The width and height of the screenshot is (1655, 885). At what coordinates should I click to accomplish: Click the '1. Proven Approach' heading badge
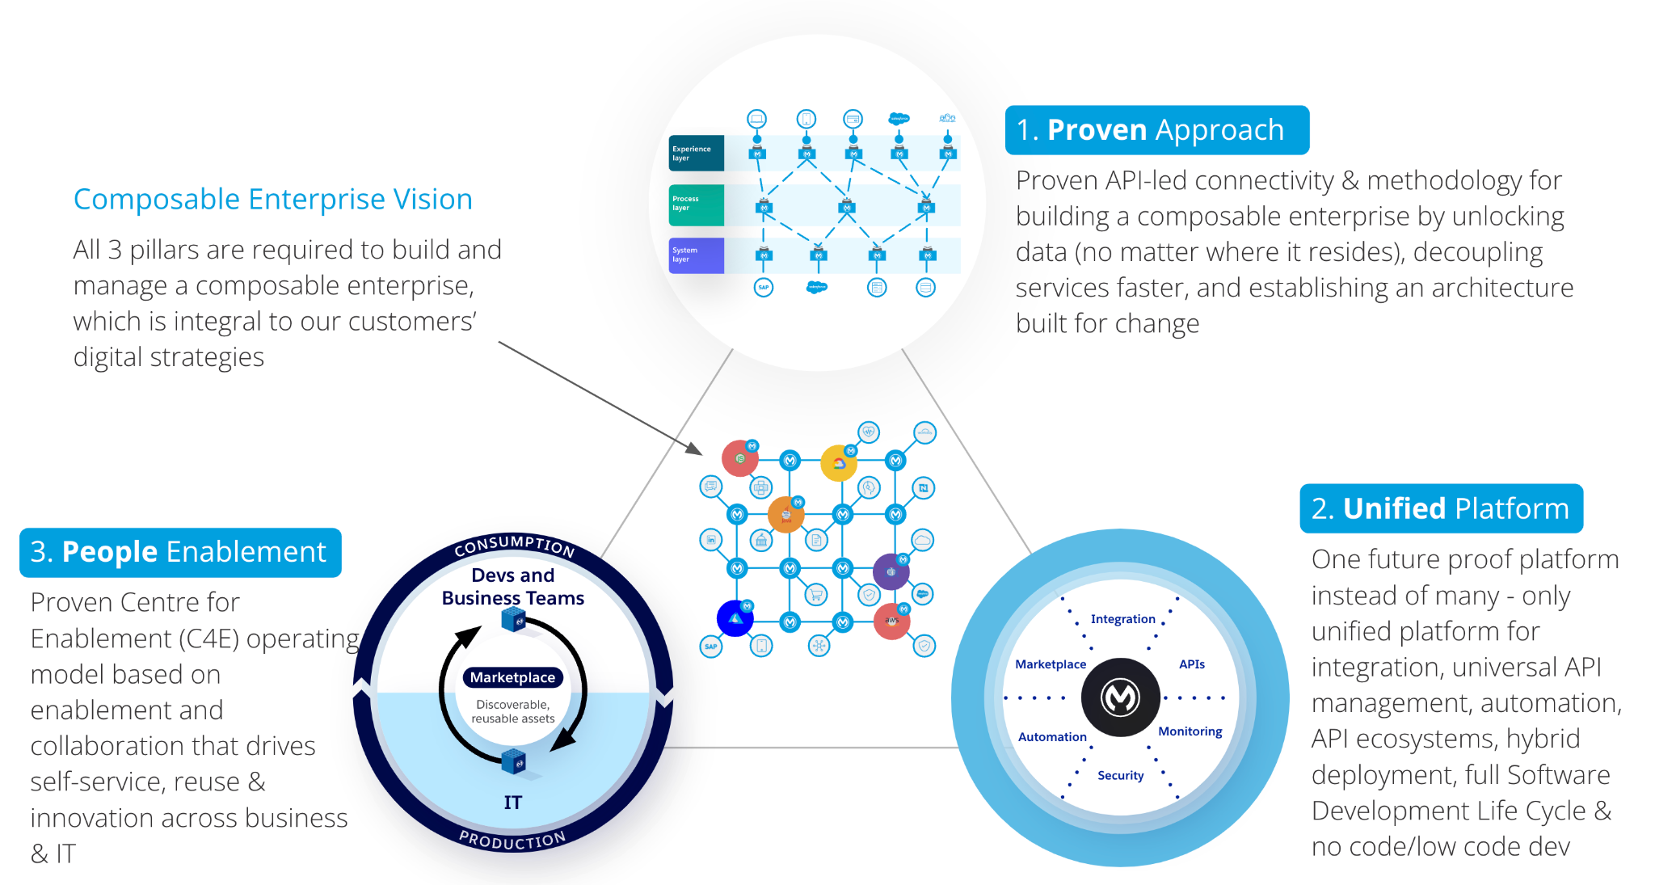coord(1156,130)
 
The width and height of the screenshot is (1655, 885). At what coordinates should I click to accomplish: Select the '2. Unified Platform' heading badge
coord(1440,508)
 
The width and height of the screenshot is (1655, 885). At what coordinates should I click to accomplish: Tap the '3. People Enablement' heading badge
coord(179,552)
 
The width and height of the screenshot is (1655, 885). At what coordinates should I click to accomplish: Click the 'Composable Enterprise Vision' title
coord(272,200)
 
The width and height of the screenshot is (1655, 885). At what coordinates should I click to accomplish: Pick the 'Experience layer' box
coord(696,154)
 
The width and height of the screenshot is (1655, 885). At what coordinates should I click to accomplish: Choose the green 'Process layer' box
coord(696,204)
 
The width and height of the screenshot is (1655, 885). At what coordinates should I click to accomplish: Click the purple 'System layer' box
coord(696,255)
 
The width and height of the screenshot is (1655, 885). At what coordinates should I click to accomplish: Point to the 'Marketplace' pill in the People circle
coord(513,677)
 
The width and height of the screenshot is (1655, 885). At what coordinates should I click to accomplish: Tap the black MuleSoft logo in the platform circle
coord(1121,697)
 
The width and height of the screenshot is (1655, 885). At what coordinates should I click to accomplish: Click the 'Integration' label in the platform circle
coord(1122,619)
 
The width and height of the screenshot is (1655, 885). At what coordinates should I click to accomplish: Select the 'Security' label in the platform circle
coord(1120,776)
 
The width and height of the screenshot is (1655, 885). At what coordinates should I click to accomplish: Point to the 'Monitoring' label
coord(1190,731)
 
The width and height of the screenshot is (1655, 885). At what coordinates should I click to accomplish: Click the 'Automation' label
coord(1052,737)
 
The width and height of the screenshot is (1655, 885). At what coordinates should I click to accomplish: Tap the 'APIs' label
coord(1191,664)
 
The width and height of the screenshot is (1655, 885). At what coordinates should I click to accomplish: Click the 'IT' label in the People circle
coord(513,803)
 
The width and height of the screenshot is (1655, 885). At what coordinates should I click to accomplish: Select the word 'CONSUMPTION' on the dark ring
coord(514,546)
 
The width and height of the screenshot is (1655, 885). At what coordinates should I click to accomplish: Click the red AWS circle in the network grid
coord(891,622)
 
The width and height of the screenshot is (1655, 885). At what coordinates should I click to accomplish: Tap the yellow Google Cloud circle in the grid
coord(839,463)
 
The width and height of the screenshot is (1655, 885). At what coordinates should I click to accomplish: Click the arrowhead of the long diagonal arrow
coord(696,449)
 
